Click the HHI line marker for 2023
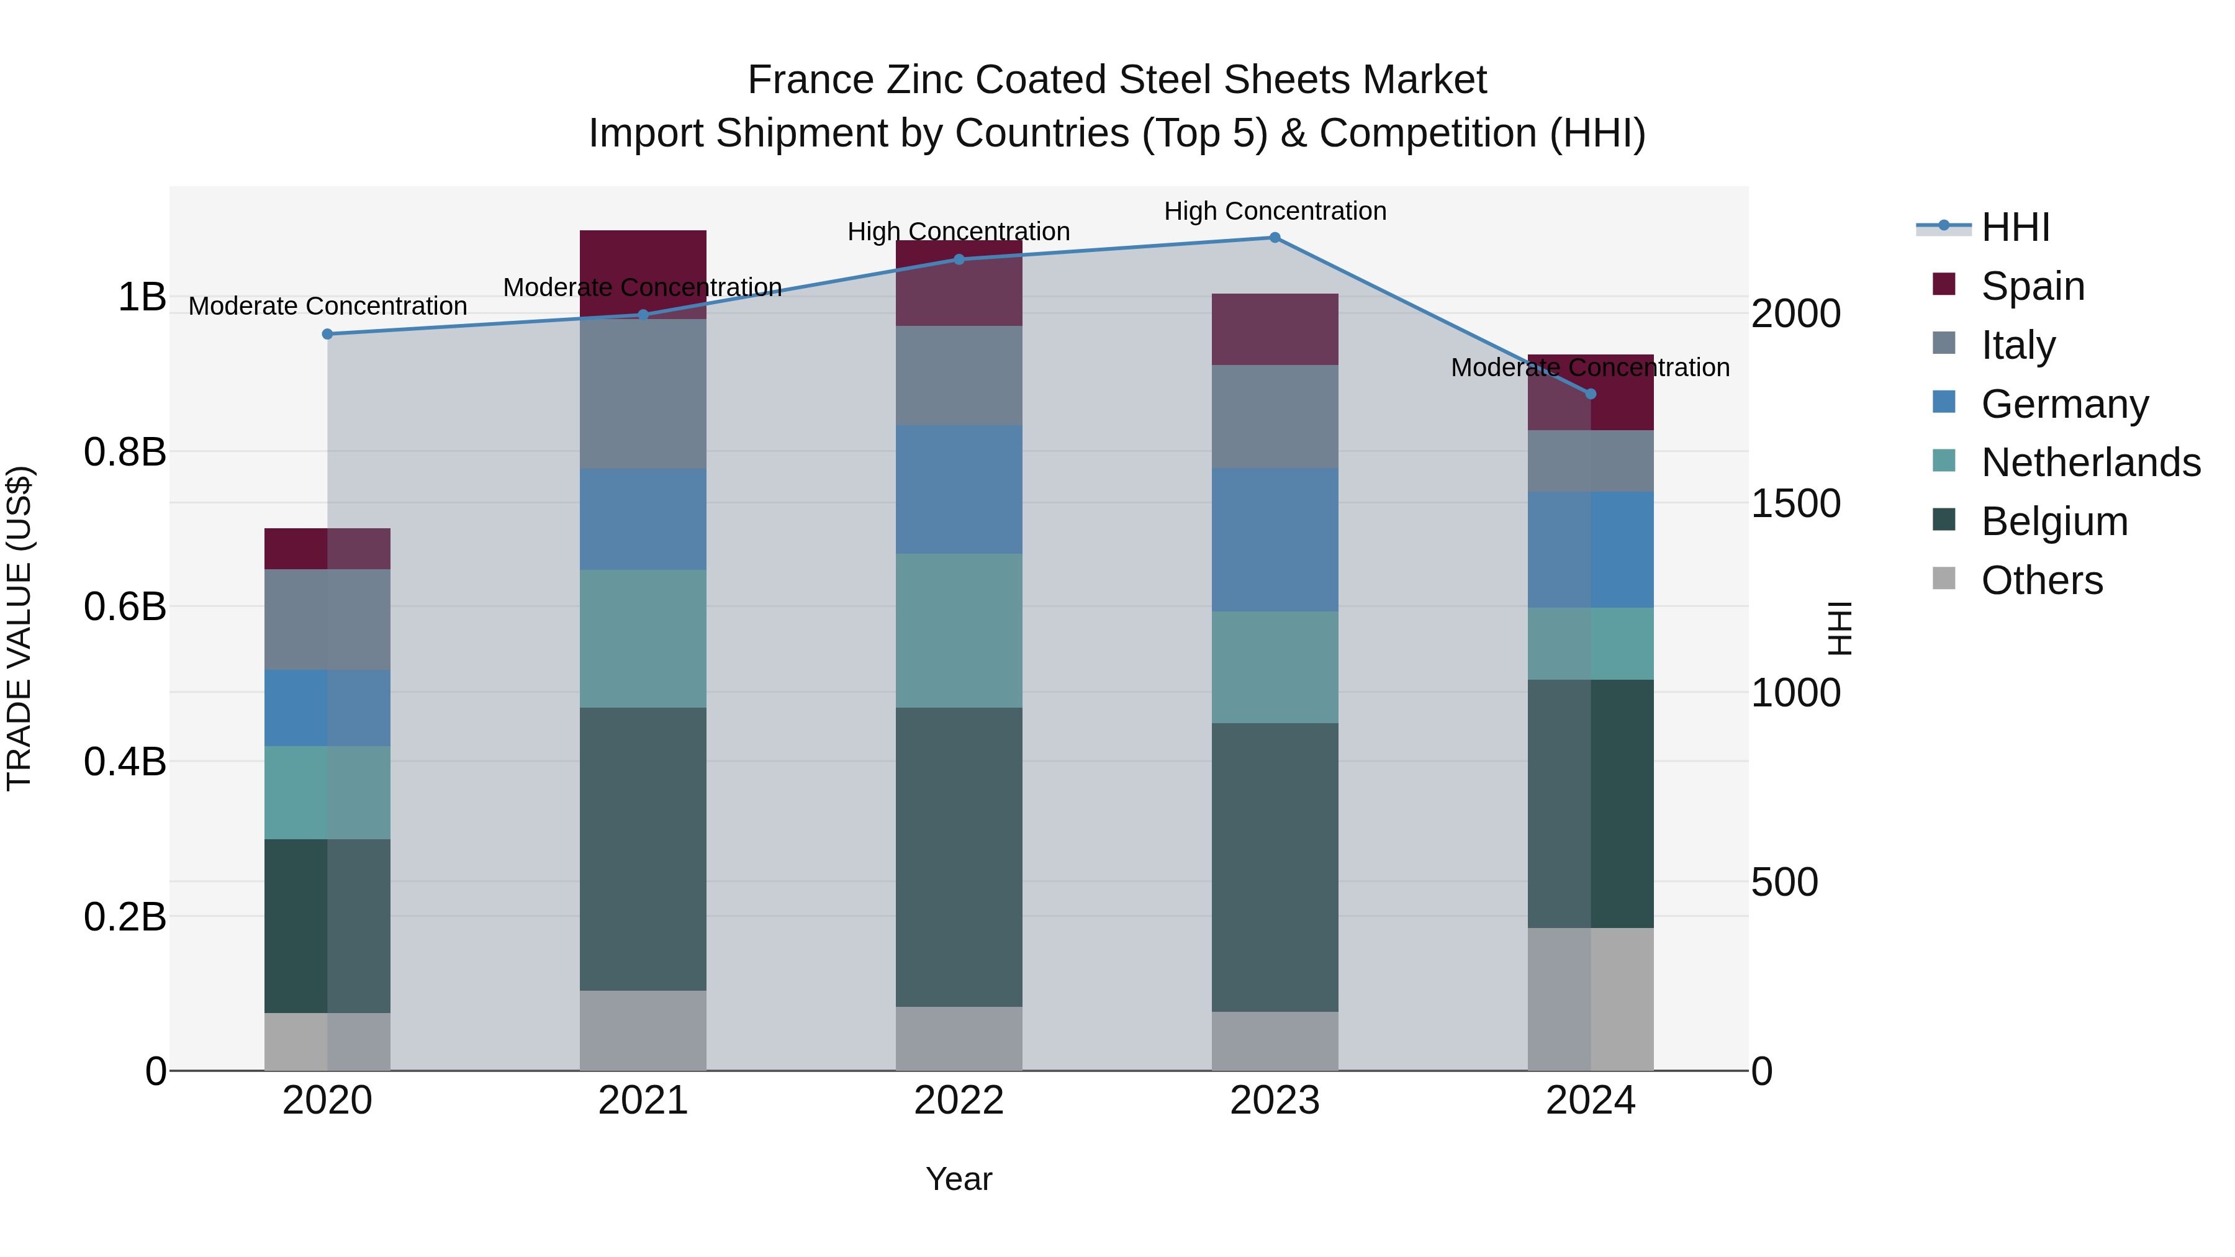[x=1275, y=238]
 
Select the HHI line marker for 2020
[x=327, y=334]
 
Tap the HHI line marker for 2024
[x=1591, y=394]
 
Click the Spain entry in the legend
[x=2033, y=286]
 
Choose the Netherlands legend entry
[x=2090, y=462]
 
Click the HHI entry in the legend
[x=2015, y=227]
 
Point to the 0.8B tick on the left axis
[x=125, y=452]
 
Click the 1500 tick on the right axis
[x=1795, y=503]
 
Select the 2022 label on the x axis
[x=959, y=1101]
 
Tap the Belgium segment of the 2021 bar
[x=643, y=849]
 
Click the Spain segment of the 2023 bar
[x=1275, y=329]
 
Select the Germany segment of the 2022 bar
[x=959, y=489]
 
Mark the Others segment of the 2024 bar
[x=1591, y=999]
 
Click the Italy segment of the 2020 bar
[x=327, y=619]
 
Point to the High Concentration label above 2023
[x=1275, y=212]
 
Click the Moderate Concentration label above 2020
[x=327, y=306]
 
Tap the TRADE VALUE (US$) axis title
[x=19, y=628]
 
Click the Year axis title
[x=959, y=1179]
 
